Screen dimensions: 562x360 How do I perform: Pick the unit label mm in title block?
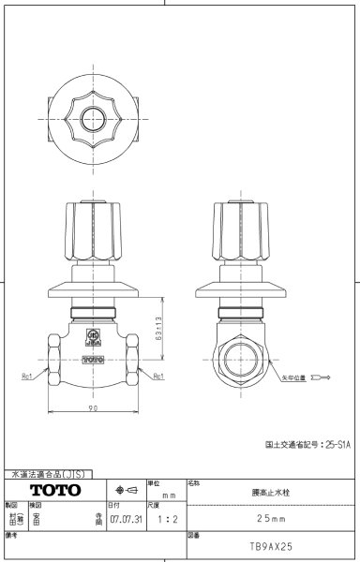click(x=169, y=495)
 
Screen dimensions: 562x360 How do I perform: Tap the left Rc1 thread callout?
click(x=28, y=376)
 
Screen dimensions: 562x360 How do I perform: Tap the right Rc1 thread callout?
click(x=158, y=376)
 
